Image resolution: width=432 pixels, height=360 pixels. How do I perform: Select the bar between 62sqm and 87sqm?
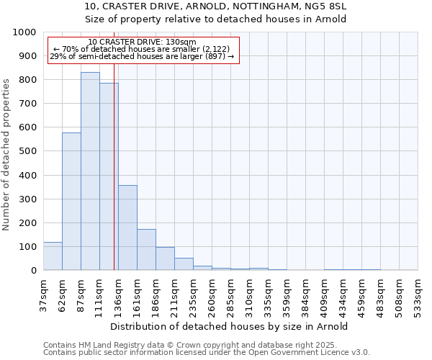tap(71, 202)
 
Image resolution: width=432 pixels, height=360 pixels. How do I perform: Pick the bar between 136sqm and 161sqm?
tap(127, 228)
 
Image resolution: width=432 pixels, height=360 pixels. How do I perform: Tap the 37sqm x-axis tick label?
tap(44, 292)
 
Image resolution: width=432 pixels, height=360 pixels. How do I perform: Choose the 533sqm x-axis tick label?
tap(418, 292)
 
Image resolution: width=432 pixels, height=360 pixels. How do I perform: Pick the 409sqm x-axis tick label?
tap(325, 292)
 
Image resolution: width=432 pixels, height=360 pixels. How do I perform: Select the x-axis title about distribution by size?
tap(230, 326)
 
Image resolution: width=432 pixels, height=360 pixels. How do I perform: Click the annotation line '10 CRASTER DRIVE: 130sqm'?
tap(142, 42)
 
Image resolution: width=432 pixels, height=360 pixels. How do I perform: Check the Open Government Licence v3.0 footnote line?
tap(207, 353)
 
